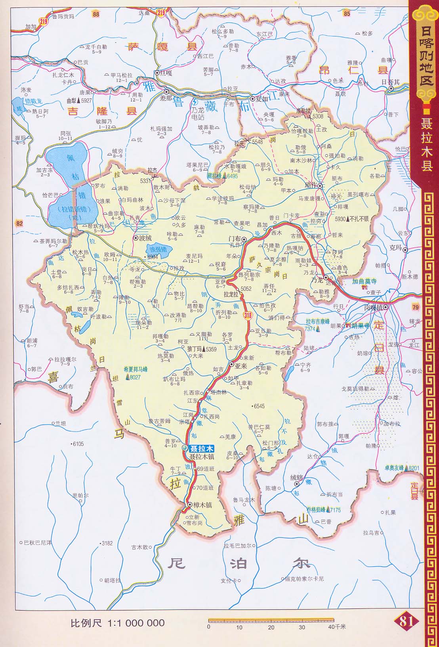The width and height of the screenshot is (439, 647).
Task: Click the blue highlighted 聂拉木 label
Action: coord(202,449)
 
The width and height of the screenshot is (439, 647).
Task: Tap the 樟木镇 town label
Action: coord(202,505)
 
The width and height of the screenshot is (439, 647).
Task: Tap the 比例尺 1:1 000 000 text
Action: coord(117,623)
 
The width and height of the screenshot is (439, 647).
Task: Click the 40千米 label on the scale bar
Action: coord(337,627)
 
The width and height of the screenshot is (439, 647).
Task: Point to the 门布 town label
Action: coord(235,239)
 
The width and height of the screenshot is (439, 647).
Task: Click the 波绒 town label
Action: coord(145,238)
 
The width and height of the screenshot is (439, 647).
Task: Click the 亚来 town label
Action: coord(241,366)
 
